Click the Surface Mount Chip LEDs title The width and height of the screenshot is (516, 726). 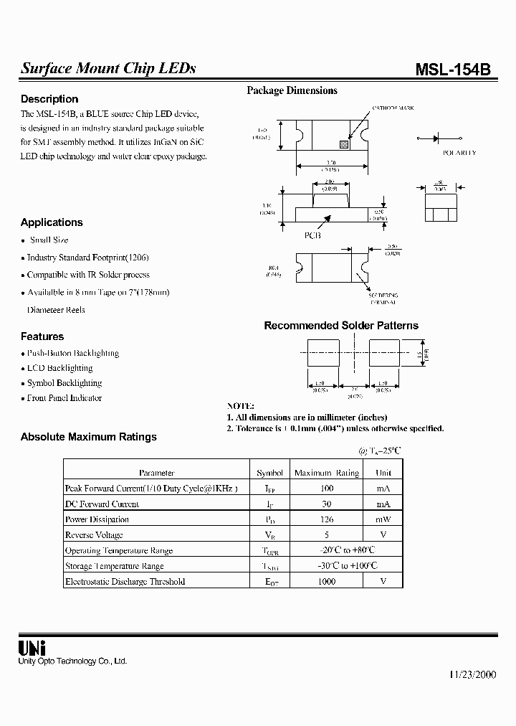(108, 69)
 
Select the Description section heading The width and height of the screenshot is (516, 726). (49, 99)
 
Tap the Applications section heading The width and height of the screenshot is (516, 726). (52, 222)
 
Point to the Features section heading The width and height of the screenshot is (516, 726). (42, 336)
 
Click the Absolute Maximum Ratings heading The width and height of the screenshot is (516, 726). (88, 436)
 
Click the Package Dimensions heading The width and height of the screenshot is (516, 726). (292, 90)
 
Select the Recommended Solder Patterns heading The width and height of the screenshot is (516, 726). (341, 326)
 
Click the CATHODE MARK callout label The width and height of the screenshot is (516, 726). (393, 108)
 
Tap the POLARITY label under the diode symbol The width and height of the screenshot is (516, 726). (459, 153)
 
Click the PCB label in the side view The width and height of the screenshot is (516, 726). (312, 235)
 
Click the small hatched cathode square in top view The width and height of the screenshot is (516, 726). (344, 143)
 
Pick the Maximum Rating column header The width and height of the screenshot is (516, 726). (327, 473)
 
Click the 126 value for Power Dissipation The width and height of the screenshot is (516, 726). (326, 519)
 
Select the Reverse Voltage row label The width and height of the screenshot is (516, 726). (94, 535)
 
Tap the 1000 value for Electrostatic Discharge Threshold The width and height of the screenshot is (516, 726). (326, 581)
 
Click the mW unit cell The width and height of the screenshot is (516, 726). (383, 519)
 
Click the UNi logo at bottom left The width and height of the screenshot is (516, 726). (32, 647)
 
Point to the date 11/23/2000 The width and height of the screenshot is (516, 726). (473, 675)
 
